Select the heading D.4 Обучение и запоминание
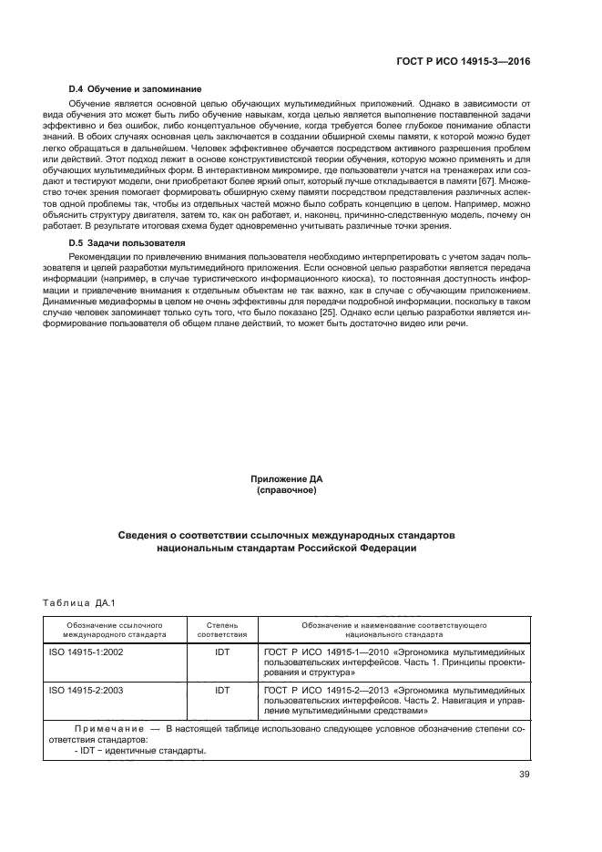[123, 90]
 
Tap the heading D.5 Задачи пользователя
[115, 244]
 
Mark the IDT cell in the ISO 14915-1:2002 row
[221, 653]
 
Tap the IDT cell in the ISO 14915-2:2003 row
[221, 691]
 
